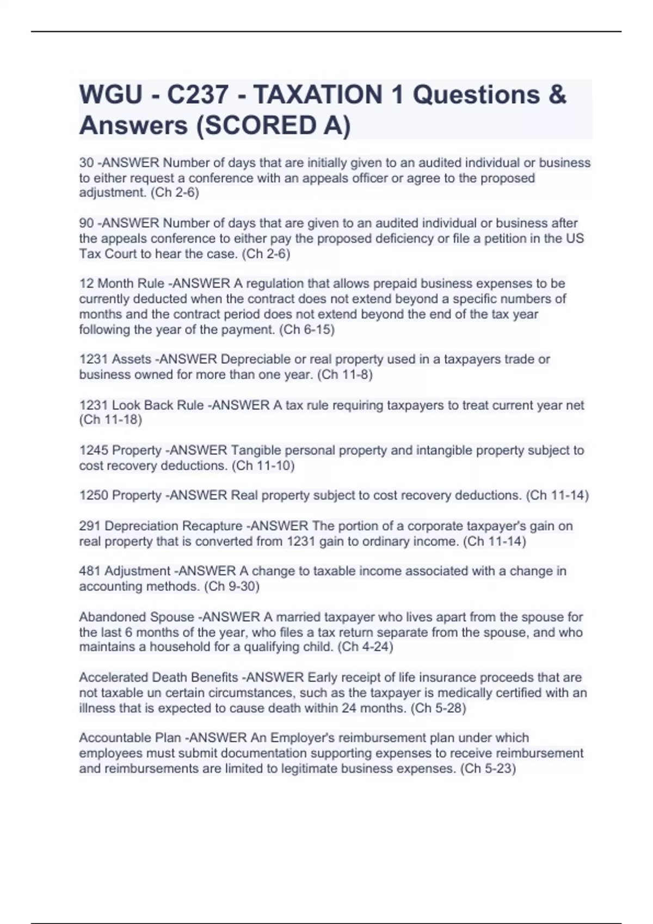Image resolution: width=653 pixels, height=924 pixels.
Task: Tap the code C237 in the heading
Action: pyautogui.click(x=198, y=95)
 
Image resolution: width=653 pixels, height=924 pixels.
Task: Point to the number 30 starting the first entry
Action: pyautogui.click(x=87, y=163)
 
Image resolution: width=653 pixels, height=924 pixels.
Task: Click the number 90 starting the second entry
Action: pyautogui.click(x=87, y=223)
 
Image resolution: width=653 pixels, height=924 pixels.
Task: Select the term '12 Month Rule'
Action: pyautogui.click(x=122, y=284)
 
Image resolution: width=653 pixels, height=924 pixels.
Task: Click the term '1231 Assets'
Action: pyautogui.click(x=115, y=359)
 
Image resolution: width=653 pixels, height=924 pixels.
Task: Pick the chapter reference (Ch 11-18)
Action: pyautogui.click(x=110, y=420)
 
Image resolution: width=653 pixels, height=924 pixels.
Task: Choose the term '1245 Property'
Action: pyautogui.click(x=120, y=451)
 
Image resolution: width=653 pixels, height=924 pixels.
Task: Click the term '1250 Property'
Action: pyautogui.click(x=120, y=496)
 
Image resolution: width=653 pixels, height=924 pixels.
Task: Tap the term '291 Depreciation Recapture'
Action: pyautogui.click(x=161, y=526)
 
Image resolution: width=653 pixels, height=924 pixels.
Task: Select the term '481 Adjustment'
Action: pyautogui.click(x=125, y=571)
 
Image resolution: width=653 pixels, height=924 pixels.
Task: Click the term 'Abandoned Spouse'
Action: pyautogui.click(x=137, y=617)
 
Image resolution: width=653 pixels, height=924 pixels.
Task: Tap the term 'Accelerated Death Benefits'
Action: pyautogui.click(x=158, y=678)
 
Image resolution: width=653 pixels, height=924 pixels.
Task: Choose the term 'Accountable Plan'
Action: pyautogui.click(x=130, y=738)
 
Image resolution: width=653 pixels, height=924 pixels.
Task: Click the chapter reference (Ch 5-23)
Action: pyautogui.click(x=488, y=769)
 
